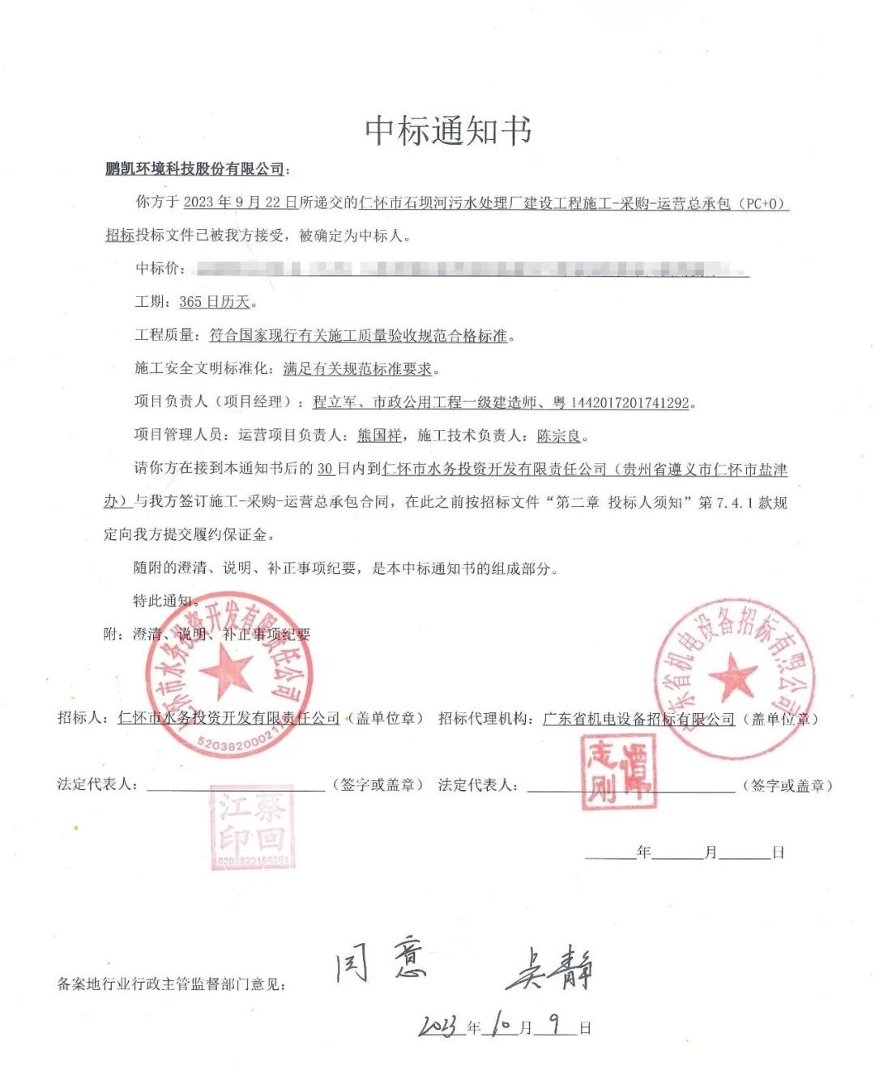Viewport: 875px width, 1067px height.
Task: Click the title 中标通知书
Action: (448, 130)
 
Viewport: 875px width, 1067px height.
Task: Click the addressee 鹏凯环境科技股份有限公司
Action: (195, 169)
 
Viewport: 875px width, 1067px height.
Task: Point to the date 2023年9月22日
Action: (240, 202)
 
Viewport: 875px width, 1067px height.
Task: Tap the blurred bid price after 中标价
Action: (470, 269)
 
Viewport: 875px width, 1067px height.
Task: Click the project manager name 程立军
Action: (335, 402)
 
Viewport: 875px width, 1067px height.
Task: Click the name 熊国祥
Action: (379, 436)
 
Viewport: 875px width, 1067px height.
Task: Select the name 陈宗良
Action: (559, 436)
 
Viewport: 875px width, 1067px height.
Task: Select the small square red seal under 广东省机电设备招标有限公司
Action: (619, 772)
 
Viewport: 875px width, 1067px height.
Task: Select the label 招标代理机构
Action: (484, 719)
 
